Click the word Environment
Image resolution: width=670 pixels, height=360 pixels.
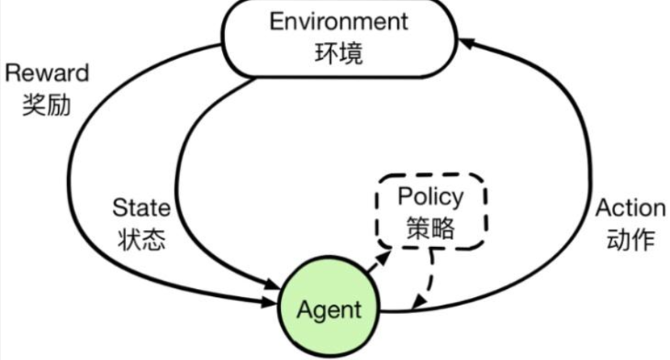click(x=339, y=21)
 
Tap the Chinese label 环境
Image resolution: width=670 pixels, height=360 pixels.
click(x=339, y=53)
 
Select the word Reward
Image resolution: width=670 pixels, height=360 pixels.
click(x=46, y=73)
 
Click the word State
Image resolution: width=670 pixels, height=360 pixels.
click(x=141, y=208)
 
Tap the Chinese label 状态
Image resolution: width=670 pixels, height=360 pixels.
click(x=142, y=240)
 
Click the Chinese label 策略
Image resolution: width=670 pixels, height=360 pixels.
click(x=430, y=228)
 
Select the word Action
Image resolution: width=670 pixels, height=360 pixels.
click(x=630, y=208)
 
